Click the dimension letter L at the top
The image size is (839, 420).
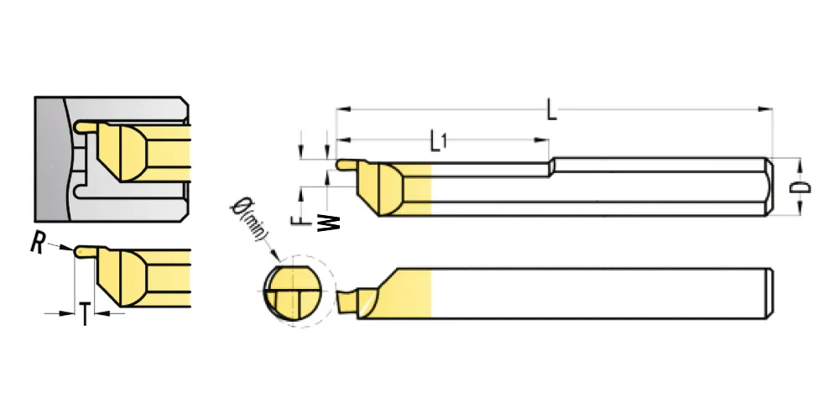pos(552,109)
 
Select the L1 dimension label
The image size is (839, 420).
pos(439,140)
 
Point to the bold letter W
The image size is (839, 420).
pos(329,223)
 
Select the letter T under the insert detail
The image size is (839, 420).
pos(85,314)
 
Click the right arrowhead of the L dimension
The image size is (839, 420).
pos(766,109)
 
